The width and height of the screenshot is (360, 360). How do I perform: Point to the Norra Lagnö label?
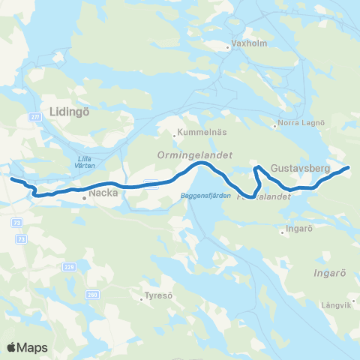[x=301, y=122]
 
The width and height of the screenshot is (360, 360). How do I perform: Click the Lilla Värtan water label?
[x=89, y=162]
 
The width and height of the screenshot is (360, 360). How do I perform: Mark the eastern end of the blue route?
[x=349, y=167]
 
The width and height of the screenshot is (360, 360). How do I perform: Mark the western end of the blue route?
[x=10, y=178]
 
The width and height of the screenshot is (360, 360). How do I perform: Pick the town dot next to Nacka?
[x=84, y=199]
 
